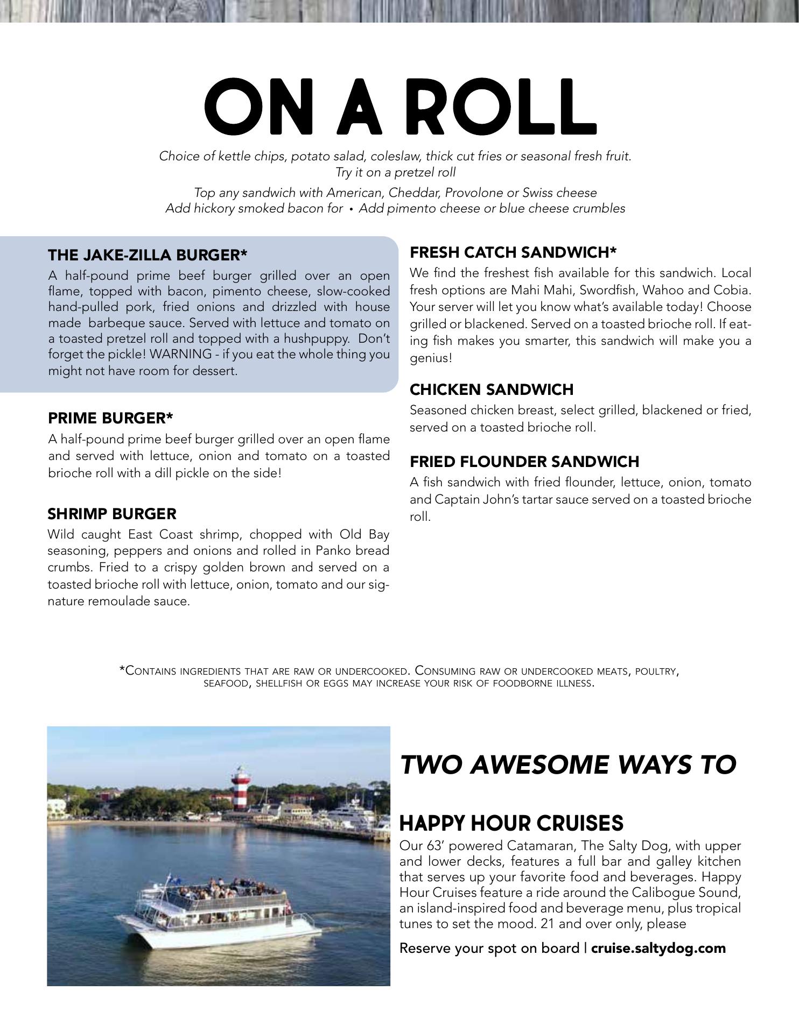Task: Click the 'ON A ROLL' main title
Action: click(400, 107)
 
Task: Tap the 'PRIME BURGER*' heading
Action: click(110, 418)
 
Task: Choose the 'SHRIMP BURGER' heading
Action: click(112, 514)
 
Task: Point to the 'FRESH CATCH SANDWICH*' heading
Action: click(513, 252)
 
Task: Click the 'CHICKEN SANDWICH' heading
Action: click(492, 389)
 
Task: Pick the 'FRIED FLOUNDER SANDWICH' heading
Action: click(524, 462)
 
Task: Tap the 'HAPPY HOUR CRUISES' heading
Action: click(511, 823)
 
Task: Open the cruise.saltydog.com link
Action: click(658, 947)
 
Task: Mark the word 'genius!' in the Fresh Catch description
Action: click(431, 358)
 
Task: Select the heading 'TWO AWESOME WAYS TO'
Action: click(568, 765)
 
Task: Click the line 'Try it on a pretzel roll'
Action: click(395, 172)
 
